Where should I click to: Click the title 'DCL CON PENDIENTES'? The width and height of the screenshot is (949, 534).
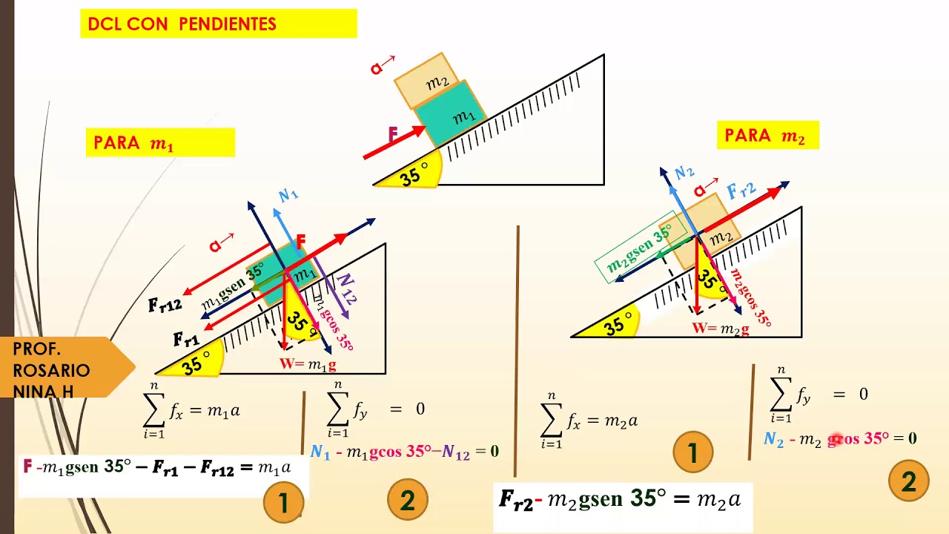point(182,24)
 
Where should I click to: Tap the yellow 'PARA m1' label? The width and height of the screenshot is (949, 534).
point(160,142)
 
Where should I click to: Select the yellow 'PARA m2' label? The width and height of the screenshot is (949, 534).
point(767,135)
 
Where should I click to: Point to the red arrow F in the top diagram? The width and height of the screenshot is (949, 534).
point(394,142)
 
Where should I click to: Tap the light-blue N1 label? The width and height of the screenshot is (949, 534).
point(288,195)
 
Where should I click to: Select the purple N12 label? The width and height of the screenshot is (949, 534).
point(346,289)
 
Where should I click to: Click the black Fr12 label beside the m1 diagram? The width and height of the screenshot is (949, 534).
point(165,305)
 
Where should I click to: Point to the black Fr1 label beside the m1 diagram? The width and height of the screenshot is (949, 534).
point(186,339)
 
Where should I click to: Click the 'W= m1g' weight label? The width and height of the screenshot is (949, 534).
point(308,364)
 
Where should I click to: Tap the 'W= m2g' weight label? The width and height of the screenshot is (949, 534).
point(721,329)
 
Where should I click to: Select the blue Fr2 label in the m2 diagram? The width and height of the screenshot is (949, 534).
point(741,191)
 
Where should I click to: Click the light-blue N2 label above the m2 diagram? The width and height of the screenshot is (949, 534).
point(684,172)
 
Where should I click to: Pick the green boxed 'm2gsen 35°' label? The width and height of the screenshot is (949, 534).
point(641,247)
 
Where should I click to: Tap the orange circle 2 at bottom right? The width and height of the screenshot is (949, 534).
point(909,481)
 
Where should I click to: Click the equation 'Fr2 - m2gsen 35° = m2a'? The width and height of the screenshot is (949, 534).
point(620,499)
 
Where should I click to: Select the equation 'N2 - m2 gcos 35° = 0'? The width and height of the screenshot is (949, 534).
point(840,438)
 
